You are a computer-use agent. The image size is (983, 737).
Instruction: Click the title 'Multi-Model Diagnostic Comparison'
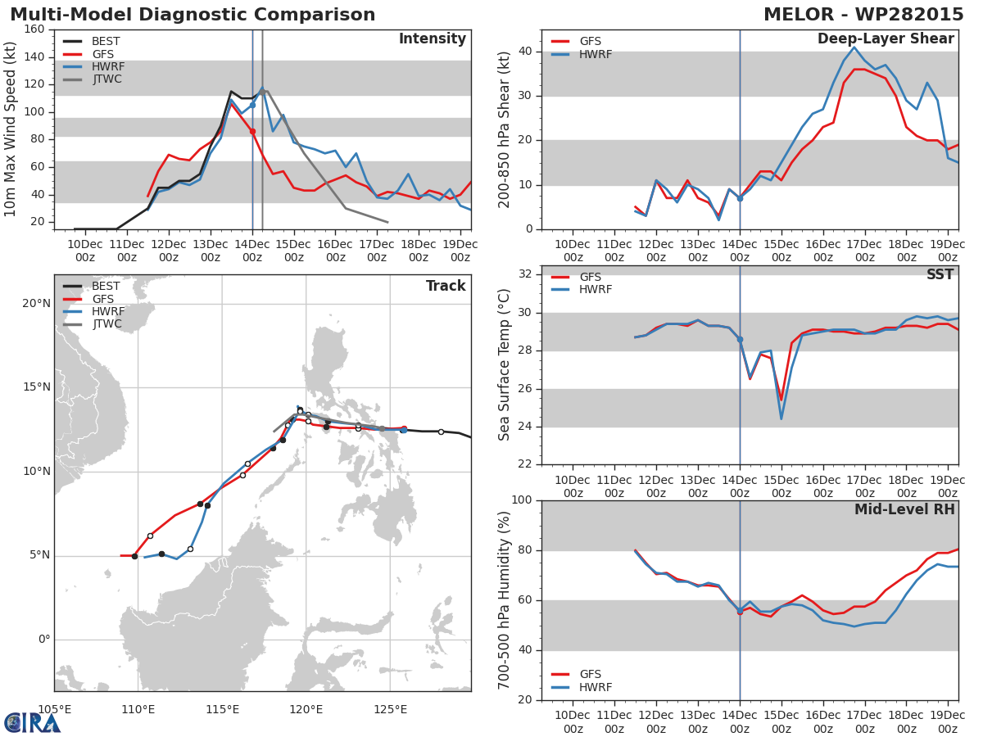click(x=193, y=15)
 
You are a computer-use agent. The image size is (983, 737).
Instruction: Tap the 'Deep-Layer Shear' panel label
click(x=886, y=39)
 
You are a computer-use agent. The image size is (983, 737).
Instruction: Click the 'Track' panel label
click(x=446, y=286)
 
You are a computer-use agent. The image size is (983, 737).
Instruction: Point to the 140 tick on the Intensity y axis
click(x=34, y=57)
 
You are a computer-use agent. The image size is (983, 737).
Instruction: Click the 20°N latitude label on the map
click(x=36, y=304)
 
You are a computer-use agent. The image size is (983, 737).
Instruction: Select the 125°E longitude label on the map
click(x=390, y=709)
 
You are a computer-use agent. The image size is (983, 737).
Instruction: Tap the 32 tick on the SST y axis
click(x=524, y=274)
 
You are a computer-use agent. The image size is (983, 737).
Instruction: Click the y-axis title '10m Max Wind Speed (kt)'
click(x=11, y=130)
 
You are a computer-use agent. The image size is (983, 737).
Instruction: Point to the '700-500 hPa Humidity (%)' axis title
click(x=505, y=600)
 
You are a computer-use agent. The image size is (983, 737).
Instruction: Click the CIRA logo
click(x=32, y=722)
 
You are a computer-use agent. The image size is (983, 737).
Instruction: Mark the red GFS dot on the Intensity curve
click(x=252, y=131)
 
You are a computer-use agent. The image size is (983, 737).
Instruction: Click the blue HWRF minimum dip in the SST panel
click(x=781, y=418)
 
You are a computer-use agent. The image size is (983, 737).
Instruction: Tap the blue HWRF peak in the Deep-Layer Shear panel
click(x=854, y=47)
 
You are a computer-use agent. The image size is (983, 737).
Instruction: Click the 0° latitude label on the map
click(x=44, y=640)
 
